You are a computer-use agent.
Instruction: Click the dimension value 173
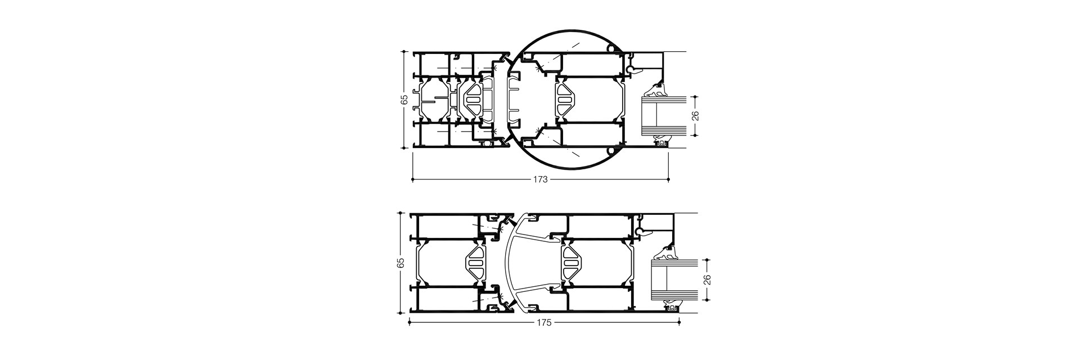541,179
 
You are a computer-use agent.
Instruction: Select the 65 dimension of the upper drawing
403,100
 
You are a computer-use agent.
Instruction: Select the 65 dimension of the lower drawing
400,263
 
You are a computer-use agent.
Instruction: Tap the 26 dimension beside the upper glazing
695,116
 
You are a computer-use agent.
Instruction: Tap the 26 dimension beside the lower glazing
708,280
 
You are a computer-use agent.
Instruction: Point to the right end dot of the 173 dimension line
668,179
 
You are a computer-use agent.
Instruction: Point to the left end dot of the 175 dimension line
409,322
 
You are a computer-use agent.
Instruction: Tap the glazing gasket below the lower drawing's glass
671,308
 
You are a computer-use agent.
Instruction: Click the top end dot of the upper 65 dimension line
403,51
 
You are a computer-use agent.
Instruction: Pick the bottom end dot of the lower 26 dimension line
708,299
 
